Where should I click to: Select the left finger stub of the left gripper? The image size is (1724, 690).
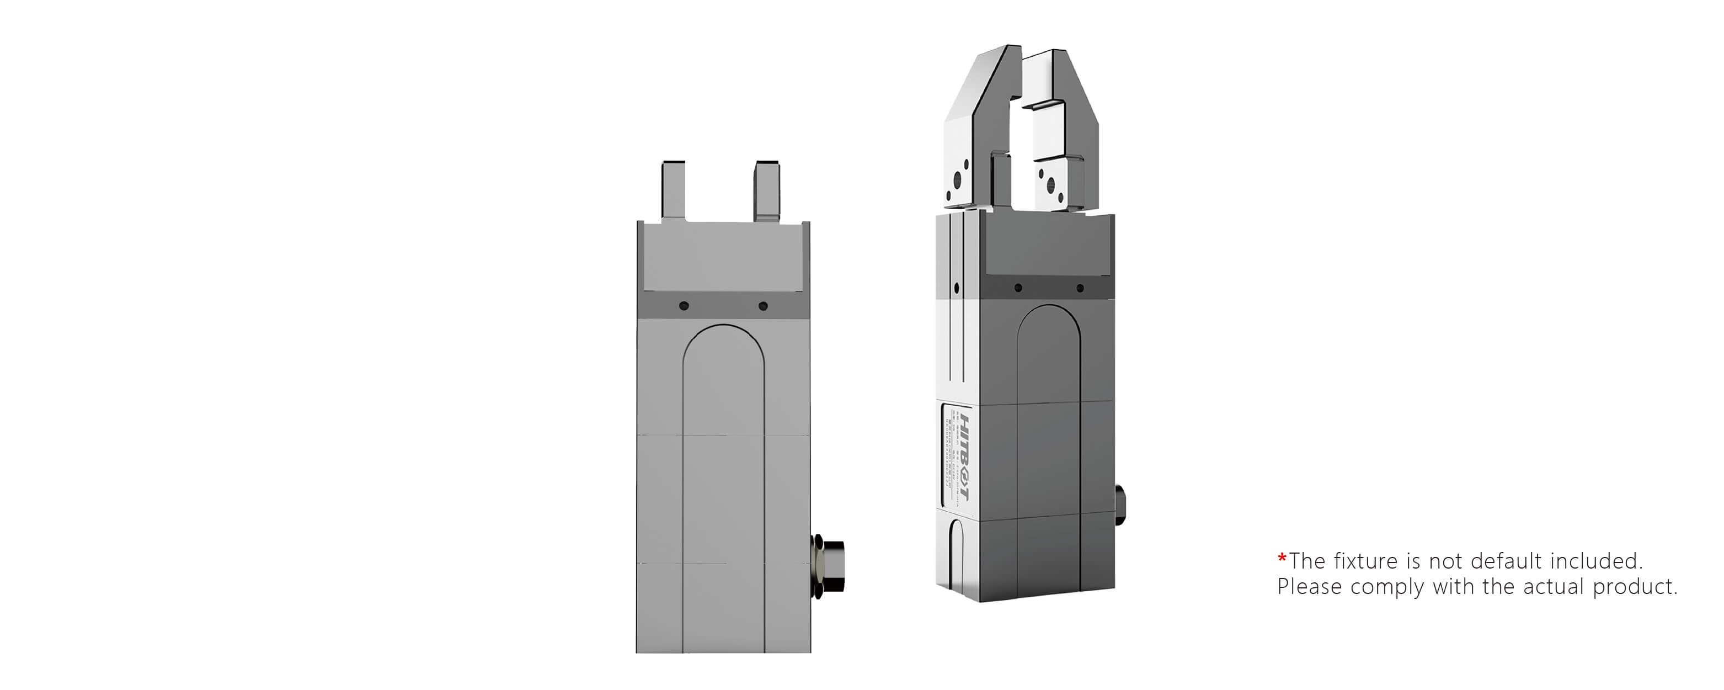[x=673, y=191]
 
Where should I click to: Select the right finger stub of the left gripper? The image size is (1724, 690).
[x=767, y=191]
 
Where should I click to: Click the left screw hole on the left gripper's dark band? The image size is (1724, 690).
[x=684, y=306]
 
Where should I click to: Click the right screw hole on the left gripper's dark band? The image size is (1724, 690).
[x=762, y=306]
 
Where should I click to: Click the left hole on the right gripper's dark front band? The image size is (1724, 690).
[x=1018, y=288]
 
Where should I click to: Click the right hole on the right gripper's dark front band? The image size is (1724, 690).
[x=1080, y=288]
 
